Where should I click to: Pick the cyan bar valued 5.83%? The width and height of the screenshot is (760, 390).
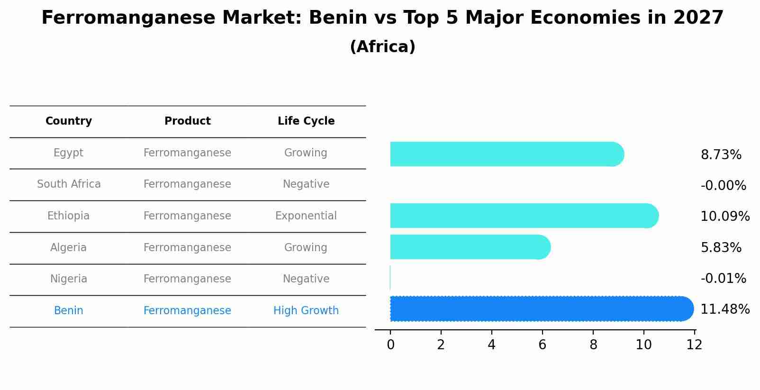(x=470, y=247)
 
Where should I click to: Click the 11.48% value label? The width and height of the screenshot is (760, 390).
(x=724, y=309)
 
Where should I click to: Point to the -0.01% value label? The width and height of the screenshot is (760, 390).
(x=723, y=278)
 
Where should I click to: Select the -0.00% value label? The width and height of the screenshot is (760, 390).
(x=723, y=186)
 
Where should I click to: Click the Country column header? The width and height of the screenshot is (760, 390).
(x=69, y=121)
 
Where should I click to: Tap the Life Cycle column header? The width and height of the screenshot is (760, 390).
(x=306, y=121)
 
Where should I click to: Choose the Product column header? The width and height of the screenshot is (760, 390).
(x=187, y=121)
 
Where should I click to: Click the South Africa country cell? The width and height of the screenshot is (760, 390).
(x=69, y=184)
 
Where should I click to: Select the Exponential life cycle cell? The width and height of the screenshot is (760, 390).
(x=306, y=216)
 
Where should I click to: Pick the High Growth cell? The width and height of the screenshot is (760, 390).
(x=306, y=311)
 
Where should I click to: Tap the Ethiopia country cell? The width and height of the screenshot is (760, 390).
(x=68, y=216)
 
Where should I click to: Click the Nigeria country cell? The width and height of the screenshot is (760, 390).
(x=69, y=279)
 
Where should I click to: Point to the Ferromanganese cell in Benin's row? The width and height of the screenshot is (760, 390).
(x=187, y=311)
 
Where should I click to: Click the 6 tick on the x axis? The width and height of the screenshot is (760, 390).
(x=542, y=345)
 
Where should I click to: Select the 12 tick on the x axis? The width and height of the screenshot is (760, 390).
(x=694, y=345)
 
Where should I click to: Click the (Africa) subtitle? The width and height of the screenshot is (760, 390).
(x=382, y=47)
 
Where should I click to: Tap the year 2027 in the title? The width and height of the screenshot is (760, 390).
(x=697, y=18)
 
